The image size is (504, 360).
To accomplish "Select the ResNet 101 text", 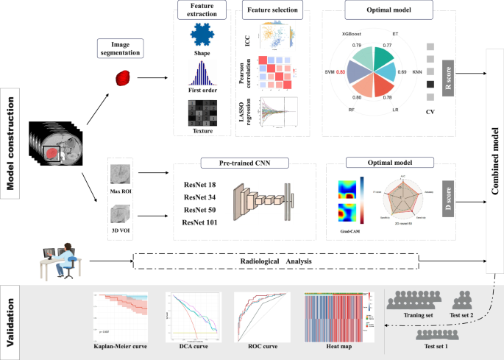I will tap(199, 222).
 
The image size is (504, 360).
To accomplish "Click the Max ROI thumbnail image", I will tap(118, 174).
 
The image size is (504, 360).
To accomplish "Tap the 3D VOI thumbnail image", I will tap(118, 213).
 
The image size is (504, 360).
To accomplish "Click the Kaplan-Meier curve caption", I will tap(120, 345).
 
